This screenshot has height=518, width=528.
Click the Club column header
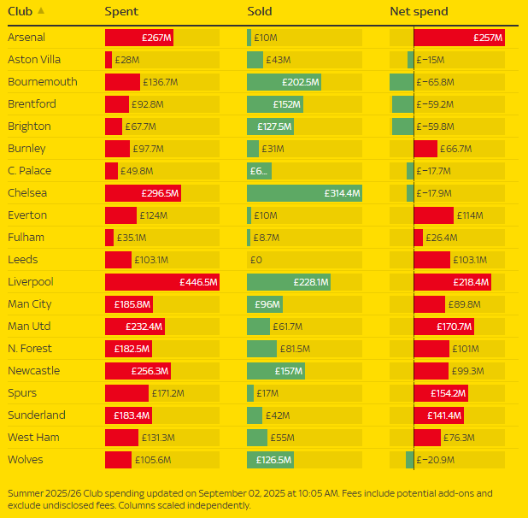click(x=21, y=12)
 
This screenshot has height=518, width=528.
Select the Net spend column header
click(x=419, y=12)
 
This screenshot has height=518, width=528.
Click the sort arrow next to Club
click(x=42, y=11)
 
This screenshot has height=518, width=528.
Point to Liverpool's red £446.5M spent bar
click(x=162, y=281)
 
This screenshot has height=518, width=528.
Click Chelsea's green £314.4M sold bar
click(x=304, y=192)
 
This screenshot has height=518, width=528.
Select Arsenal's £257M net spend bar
click(x=459, y=38)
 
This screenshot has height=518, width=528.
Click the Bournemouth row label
click(x=43, y=82)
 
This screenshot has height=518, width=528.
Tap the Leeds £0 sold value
click(x=255, y=259)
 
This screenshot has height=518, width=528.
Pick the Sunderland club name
click(x=37, y=415)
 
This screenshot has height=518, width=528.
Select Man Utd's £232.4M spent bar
click(x=135, y=326)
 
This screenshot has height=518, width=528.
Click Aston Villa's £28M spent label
click(x=127, y=60)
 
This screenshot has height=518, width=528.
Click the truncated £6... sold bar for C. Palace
click(x=259, y=170)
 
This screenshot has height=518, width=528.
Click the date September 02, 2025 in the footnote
click(x=242, y=493)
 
